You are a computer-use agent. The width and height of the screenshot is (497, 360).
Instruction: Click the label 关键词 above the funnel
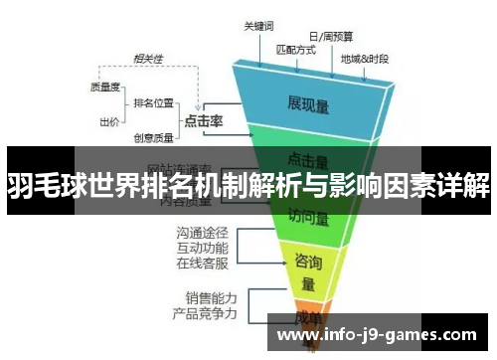[x=260, y=29]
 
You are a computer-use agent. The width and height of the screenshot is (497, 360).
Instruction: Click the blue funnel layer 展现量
[x=309, y=101]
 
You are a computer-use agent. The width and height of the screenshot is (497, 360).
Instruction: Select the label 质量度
[x=105, y=87]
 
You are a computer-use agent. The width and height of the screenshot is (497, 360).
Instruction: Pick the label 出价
[x=110, y=122]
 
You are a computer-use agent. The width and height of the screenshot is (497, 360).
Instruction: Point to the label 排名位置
[x=154, y=102]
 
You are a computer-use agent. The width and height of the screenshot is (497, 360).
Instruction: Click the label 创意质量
[x=153, y=138]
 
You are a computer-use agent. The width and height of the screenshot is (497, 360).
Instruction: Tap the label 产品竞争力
[x=204, y=313]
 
